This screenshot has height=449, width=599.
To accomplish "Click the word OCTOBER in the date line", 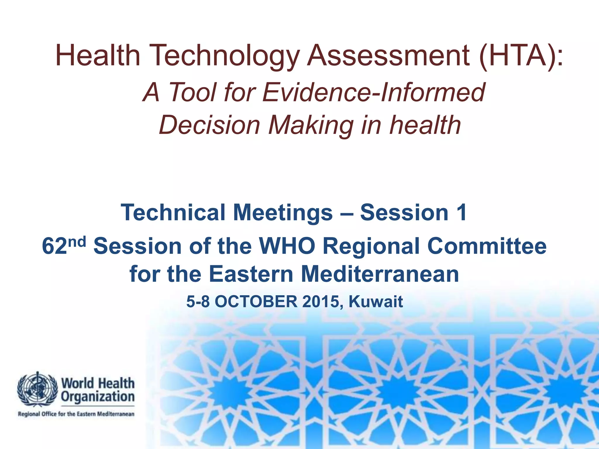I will coord(256,302).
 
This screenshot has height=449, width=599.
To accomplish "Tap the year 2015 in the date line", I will coord(320,302).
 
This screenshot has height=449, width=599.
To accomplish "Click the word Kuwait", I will coord(376,302).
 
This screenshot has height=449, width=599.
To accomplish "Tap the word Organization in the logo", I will coord(98,397).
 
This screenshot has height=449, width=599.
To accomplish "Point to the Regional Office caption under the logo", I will coord(76,414).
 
